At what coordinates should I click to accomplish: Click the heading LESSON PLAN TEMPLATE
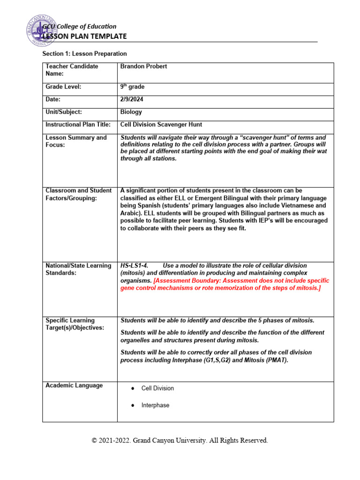(x=84, y=37)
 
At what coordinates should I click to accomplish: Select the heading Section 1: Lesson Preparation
(x=84, y=54)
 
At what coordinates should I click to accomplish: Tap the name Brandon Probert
(x=143, y=67)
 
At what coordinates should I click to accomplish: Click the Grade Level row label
(x=63, y=87)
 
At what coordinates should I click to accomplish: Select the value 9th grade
(x=133, y=87)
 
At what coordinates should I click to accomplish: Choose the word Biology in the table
(x=131, y=112)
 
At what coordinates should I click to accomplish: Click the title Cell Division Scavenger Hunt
(x=161, y=125)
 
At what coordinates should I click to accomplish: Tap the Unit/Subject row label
(x=64, y=112)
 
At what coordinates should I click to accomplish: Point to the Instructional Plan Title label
(x=78, y=125)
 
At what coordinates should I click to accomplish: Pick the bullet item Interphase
(x=155, y=405)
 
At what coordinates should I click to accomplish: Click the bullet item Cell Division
(x=157, y=388)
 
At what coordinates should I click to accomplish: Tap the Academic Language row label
(x=74, y=385)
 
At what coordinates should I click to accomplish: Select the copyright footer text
(x=180, y=441)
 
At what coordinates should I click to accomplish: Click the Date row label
(x=53, y=99)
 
